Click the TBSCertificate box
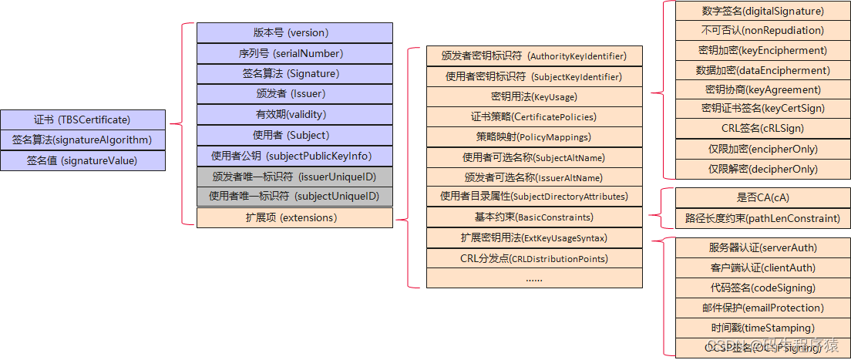point(82,119)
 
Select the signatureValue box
point(82,160)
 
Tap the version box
point(294,32)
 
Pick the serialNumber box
point(294,53)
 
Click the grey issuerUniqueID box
point(294,177)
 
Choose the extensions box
point(294,217)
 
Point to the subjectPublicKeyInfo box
point(294,156)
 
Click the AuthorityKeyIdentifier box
point(534,56)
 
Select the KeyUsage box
point(534,97)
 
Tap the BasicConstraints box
point(534,217)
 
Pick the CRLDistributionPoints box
point(534,258)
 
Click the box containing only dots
point(534,278)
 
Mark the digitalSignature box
point(762,11)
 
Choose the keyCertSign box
point(762,108)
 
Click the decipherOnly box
point(762,169)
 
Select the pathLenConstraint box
point(762,218)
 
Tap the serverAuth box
point(762,247)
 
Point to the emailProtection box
point(762,308)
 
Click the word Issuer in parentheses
point(307,94)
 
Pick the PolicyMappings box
point(534,136)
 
